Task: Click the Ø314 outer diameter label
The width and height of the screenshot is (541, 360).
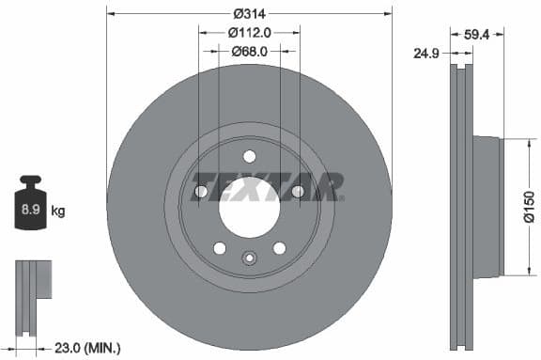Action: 249,13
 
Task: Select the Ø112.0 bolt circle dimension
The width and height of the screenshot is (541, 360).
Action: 249,32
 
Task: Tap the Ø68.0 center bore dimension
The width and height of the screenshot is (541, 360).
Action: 249,52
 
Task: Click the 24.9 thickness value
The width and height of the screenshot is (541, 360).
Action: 429,53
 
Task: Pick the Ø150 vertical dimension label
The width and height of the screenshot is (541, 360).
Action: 528,207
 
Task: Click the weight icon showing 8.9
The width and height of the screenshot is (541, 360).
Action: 30,208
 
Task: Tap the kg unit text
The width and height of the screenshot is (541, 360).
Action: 57,211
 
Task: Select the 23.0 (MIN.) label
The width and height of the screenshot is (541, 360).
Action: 89,348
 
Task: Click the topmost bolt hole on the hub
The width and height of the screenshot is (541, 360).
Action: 249,156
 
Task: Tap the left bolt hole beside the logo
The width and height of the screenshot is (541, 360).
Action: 200,192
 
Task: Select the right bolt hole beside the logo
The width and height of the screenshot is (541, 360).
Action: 298,192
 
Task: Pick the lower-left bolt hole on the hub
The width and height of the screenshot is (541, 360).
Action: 219,248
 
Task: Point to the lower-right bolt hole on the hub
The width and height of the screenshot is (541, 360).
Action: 279,248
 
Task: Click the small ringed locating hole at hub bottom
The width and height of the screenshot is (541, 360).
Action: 249,258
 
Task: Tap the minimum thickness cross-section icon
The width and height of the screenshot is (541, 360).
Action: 32,292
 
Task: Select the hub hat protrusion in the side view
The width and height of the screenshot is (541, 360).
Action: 487,207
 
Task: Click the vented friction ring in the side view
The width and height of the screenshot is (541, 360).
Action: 459,207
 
